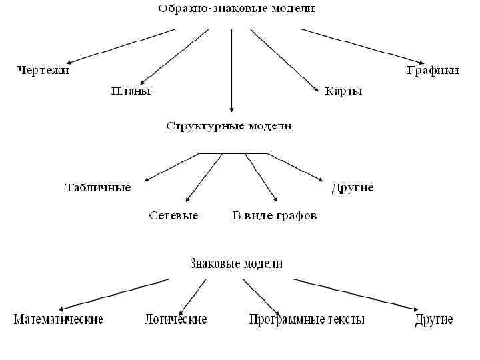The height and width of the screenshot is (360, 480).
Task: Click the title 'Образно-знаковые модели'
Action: (x=237, y=9)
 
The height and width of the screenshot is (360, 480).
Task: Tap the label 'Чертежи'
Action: (x=43, y=70)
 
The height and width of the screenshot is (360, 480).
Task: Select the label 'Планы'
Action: (x=131, y=91)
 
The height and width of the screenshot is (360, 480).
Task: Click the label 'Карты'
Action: (x=344, y=91)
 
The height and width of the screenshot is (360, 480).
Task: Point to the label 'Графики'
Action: (x=433, y=70)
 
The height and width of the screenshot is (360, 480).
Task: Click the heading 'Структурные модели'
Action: (x=229, y=125)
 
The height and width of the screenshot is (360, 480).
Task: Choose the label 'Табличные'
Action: (x=97, y=187)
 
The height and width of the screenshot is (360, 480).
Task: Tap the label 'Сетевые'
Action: (x=173, y=215)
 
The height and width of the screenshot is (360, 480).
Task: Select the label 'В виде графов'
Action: (x=274, y=215)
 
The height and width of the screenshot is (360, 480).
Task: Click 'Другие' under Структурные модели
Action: (x=353, y=187)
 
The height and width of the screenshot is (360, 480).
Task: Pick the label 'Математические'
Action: (x=59, y=319)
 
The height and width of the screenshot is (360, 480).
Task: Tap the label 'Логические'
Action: (x=175, y=319)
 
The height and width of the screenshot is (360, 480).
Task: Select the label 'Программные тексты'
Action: (x=307, y=319)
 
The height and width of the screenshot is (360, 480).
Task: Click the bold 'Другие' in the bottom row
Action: (x=433, y=319)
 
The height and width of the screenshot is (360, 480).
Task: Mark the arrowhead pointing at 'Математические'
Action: (x=61, y=309)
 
